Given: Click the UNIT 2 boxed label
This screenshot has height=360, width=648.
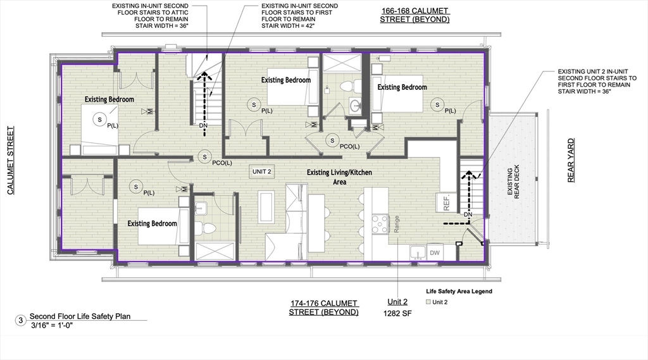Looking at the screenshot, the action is [262, 171].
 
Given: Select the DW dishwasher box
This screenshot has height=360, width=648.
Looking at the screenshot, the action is [435, 252].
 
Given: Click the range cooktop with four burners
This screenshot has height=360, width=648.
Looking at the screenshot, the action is [380, 225].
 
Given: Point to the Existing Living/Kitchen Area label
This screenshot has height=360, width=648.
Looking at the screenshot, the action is [339, 177].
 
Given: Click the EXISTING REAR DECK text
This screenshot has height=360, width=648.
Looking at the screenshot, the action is [513, 182].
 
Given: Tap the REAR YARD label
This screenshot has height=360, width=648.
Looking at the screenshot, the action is [571, 160].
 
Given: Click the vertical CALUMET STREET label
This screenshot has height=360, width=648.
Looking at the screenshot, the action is [11, 160].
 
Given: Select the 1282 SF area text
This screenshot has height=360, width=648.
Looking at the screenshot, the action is [397, 313].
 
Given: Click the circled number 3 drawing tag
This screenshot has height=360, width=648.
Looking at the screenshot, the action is [21, 320].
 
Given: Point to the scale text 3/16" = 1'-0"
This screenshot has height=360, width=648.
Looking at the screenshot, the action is [52, 325].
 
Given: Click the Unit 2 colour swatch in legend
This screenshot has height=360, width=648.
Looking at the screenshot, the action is [428, 302].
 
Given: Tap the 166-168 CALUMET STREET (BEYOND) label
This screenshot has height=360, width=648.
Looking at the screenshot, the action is [414, 15].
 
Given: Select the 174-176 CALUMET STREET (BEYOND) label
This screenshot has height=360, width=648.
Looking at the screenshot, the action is [323, 308].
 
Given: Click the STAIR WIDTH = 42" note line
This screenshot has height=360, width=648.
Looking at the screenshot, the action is [288, 26].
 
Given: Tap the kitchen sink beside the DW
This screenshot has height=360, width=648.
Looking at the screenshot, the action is [418, 252].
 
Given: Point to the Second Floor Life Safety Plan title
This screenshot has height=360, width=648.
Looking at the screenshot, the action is [80, 316].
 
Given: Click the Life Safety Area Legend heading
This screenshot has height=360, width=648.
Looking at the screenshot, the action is [459, 291].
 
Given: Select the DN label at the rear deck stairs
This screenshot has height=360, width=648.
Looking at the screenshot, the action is [468, 214].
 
